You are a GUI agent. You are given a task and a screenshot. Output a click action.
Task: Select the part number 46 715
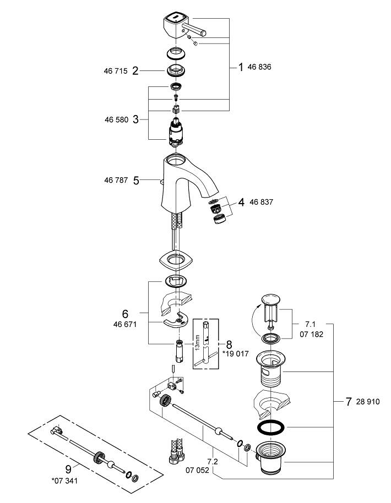click(x=116, y=72)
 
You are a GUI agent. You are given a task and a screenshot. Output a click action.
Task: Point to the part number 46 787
click(x=116, y=179)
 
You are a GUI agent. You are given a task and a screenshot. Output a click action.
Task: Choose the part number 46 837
click(x=262, y=203)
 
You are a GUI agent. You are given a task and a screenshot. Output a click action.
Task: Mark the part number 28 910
click(x=368, y=402)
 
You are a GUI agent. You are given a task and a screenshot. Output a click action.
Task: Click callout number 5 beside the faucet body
click(x=135, y=179)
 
